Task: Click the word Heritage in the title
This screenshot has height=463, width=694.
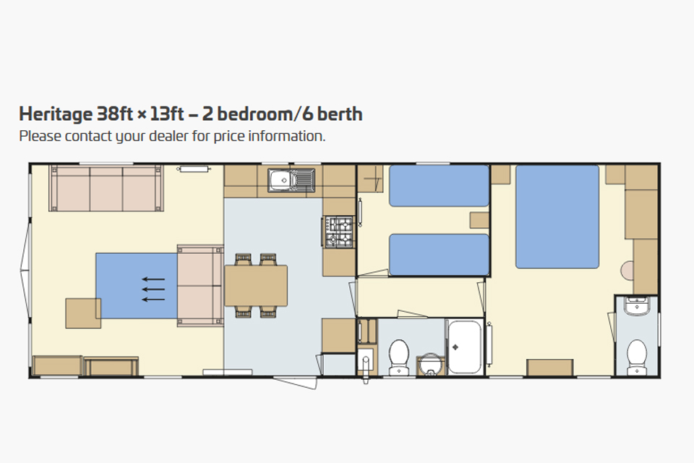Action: pyautogui.click(x=56, y=114)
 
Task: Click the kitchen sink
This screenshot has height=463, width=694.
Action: pyautogui.click(x=291, y=180)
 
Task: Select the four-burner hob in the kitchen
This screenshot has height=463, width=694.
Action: pyautogui.click(x=339, y=231)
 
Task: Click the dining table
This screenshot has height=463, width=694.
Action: pyautogui.click(x=256, y=286)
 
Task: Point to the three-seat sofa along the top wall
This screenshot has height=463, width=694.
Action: pyautogui.click(x=106, y=188)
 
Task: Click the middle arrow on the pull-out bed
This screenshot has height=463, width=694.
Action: pyautogui.click(x=153, y=289)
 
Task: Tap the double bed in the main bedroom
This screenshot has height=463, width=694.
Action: pyautogui.click(x=557, y=216)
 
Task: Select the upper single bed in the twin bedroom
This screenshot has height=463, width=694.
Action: pyautogui.click(x=439, y=186)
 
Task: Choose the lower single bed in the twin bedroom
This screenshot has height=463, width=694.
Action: pyautogui.click(x=439, y=255)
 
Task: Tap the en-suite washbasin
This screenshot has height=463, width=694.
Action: pyautogui.click(x=636, y=306)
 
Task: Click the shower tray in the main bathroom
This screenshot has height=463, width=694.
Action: pyautogui.click(x=464, y=347)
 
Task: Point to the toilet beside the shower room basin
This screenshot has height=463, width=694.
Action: pyautogui.click(x=399, y=357)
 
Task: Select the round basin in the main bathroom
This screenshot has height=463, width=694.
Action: pyautogui.click(x=429, y=364)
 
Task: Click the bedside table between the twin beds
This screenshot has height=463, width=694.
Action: pyautogui.click(x=479, y=220)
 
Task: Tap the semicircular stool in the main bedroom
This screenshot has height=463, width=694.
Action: pyautogui.click(x=627, y=271)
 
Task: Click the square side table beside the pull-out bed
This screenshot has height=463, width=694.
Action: pyautogui.click(x=83, y=313)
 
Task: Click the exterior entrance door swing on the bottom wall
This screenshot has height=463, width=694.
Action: pyautogui.click(x=296, y=383)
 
